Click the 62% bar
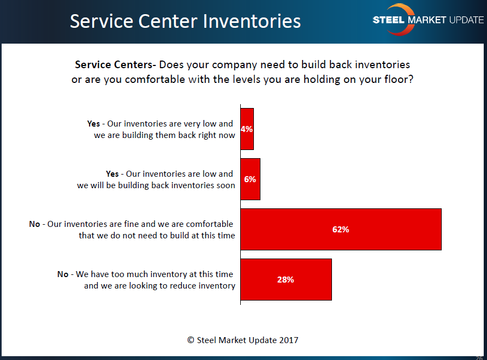coord(341,229)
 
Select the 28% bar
coord(286,279)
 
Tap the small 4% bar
coord(247,129)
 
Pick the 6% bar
coord(251,179)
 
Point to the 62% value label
coord(341,229)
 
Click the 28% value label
coord(286,280)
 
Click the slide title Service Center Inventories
coord(186,21)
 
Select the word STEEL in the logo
coord(388,20)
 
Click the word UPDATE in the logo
coord(466,20)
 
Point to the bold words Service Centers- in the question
coord(115,64)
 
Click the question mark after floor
coord(411,79)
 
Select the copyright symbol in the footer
coord(191,340)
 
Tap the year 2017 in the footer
coord(288,340)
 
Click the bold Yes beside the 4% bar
coord(93,123)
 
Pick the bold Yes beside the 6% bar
coord(112,174)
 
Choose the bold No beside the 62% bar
coord(34,224)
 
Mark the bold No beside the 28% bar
coord(63,274)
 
